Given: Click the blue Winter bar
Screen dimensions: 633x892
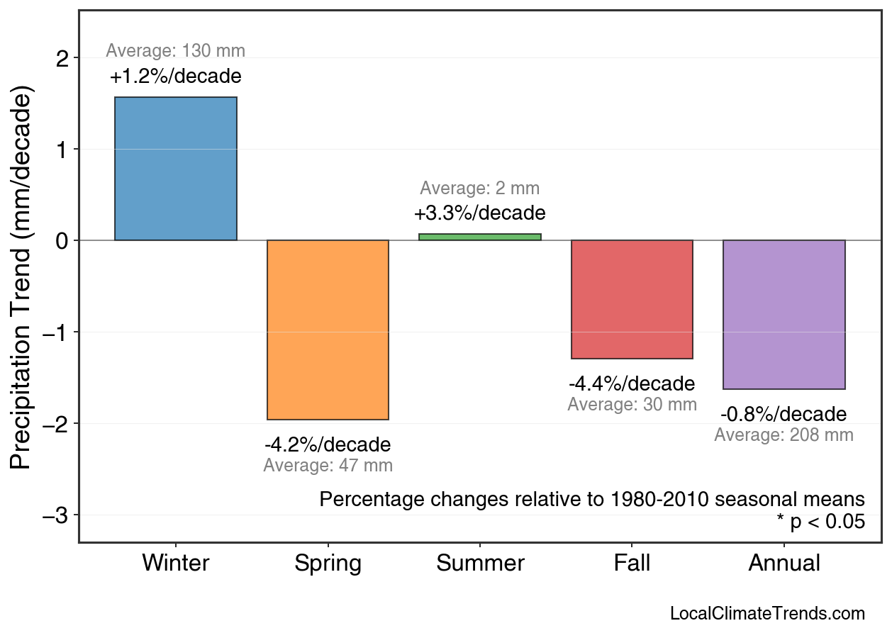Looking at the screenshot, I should click(176, 169).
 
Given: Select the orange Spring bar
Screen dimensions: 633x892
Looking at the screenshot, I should click(328, 330).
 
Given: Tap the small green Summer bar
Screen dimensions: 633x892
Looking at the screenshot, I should click(480, 237).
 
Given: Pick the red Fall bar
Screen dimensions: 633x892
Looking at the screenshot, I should click(632, 299).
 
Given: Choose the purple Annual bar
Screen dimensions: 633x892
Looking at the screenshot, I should click(784, 315).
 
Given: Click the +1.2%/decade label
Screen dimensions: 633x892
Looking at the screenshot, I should click(176, 77).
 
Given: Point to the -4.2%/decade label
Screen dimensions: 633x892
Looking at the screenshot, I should click(328, 445).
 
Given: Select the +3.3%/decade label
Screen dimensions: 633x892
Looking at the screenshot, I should click(480, 213).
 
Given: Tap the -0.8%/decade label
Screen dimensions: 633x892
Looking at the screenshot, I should click(784, 415).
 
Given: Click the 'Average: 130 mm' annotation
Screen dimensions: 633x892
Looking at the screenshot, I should click(176, 51).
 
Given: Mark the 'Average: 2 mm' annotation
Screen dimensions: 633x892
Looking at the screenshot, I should click(480, 189).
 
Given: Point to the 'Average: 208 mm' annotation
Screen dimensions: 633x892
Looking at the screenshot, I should click(784, 435).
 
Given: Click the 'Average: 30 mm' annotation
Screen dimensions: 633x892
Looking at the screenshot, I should click(632, 405).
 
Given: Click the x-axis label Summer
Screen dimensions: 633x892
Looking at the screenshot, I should click(480, 564).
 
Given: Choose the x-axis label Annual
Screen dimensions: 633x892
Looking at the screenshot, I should click(784, 564).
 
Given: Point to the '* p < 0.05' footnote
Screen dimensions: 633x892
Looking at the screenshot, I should click(820, 522).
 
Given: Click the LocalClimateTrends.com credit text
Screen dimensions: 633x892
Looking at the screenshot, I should click(767, 614).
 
